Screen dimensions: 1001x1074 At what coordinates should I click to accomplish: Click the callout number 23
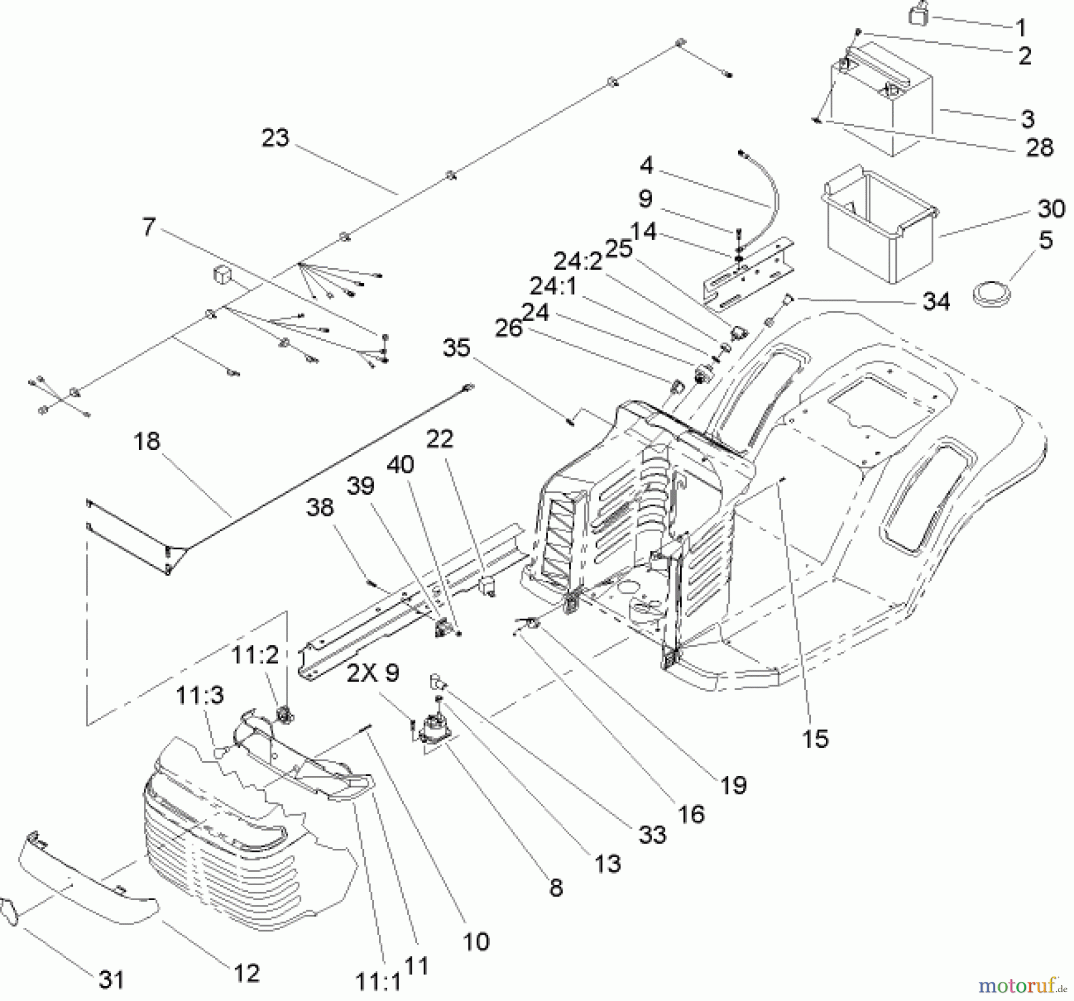click(275, 138)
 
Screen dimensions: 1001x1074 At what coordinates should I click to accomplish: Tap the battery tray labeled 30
click(880, 230)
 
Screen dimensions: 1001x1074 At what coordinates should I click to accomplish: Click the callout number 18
click(147, 442)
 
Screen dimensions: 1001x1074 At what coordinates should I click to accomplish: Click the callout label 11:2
click(255, 655)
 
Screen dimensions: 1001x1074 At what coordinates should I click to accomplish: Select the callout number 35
click(456, 348)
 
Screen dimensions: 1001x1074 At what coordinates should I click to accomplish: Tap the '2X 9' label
click(374, 673)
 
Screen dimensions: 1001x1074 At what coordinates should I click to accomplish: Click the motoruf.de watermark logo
click(1022, 982)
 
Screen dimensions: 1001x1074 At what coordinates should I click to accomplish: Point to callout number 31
click(112, 980)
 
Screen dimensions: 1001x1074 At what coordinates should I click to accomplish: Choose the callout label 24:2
click(578, 261)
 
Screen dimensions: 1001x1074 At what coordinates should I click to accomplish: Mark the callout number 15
click(815, 739)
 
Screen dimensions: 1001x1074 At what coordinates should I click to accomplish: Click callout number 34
click(936, 302)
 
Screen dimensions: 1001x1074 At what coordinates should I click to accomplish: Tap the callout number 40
click(400, 464)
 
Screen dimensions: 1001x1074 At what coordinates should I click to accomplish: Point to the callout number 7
click(149, 227)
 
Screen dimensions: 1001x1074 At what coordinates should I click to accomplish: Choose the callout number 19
click(733, 785)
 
